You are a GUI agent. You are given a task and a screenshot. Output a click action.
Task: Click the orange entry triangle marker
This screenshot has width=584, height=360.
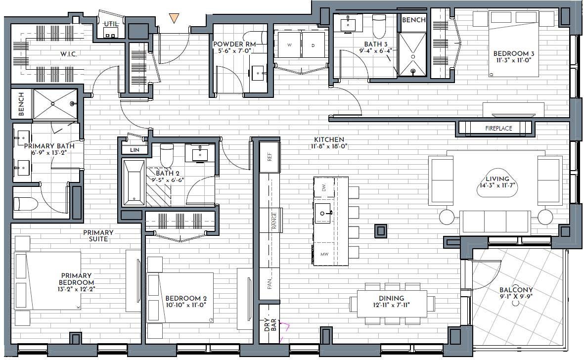click(174, 18)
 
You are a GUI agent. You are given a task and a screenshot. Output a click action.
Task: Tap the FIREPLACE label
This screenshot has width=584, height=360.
click(498, 129)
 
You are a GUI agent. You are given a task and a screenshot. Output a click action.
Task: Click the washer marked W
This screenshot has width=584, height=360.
click(289, 45)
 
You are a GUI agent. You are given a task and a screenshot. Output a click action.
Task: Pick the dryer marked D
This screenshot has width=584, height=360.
click(313, 45)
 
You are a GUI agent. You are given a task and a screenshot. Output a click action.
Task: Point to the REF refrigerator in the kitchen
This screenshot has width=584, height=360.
click(270, 157)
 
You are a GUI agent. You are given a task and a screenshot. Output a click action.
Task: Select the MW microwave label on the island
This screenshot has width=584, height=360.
click(324, 254)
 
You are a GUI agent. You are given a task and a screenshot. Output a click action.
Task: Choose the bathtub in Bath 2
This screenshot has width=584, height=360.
click(134, 183)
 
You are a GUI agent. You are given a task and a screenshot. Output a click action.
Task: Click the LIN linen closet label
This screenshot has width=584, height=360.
click(135, 150)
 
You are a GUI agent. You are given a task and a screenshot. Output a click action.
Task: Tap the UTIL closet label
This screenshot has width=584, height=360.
click(111, 24)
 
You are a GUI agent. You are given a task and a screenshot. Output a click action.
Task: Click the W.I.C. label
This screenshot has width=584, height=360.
click(69, 54)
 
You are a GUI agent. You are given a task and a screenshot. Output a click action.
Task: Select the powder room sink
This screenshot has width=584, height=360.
click(258, 73)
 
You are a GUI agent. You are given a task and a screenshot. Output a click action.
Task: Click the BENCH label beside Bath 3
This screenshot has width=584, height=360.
click(413, 20)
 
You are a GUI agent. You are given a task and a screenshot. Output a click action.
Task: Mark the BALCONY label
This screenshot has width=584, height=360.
click(516, 290)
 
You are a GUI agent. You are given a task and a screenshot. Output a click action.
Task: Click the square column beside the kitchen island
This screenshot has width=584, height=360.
click(380, 230)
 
